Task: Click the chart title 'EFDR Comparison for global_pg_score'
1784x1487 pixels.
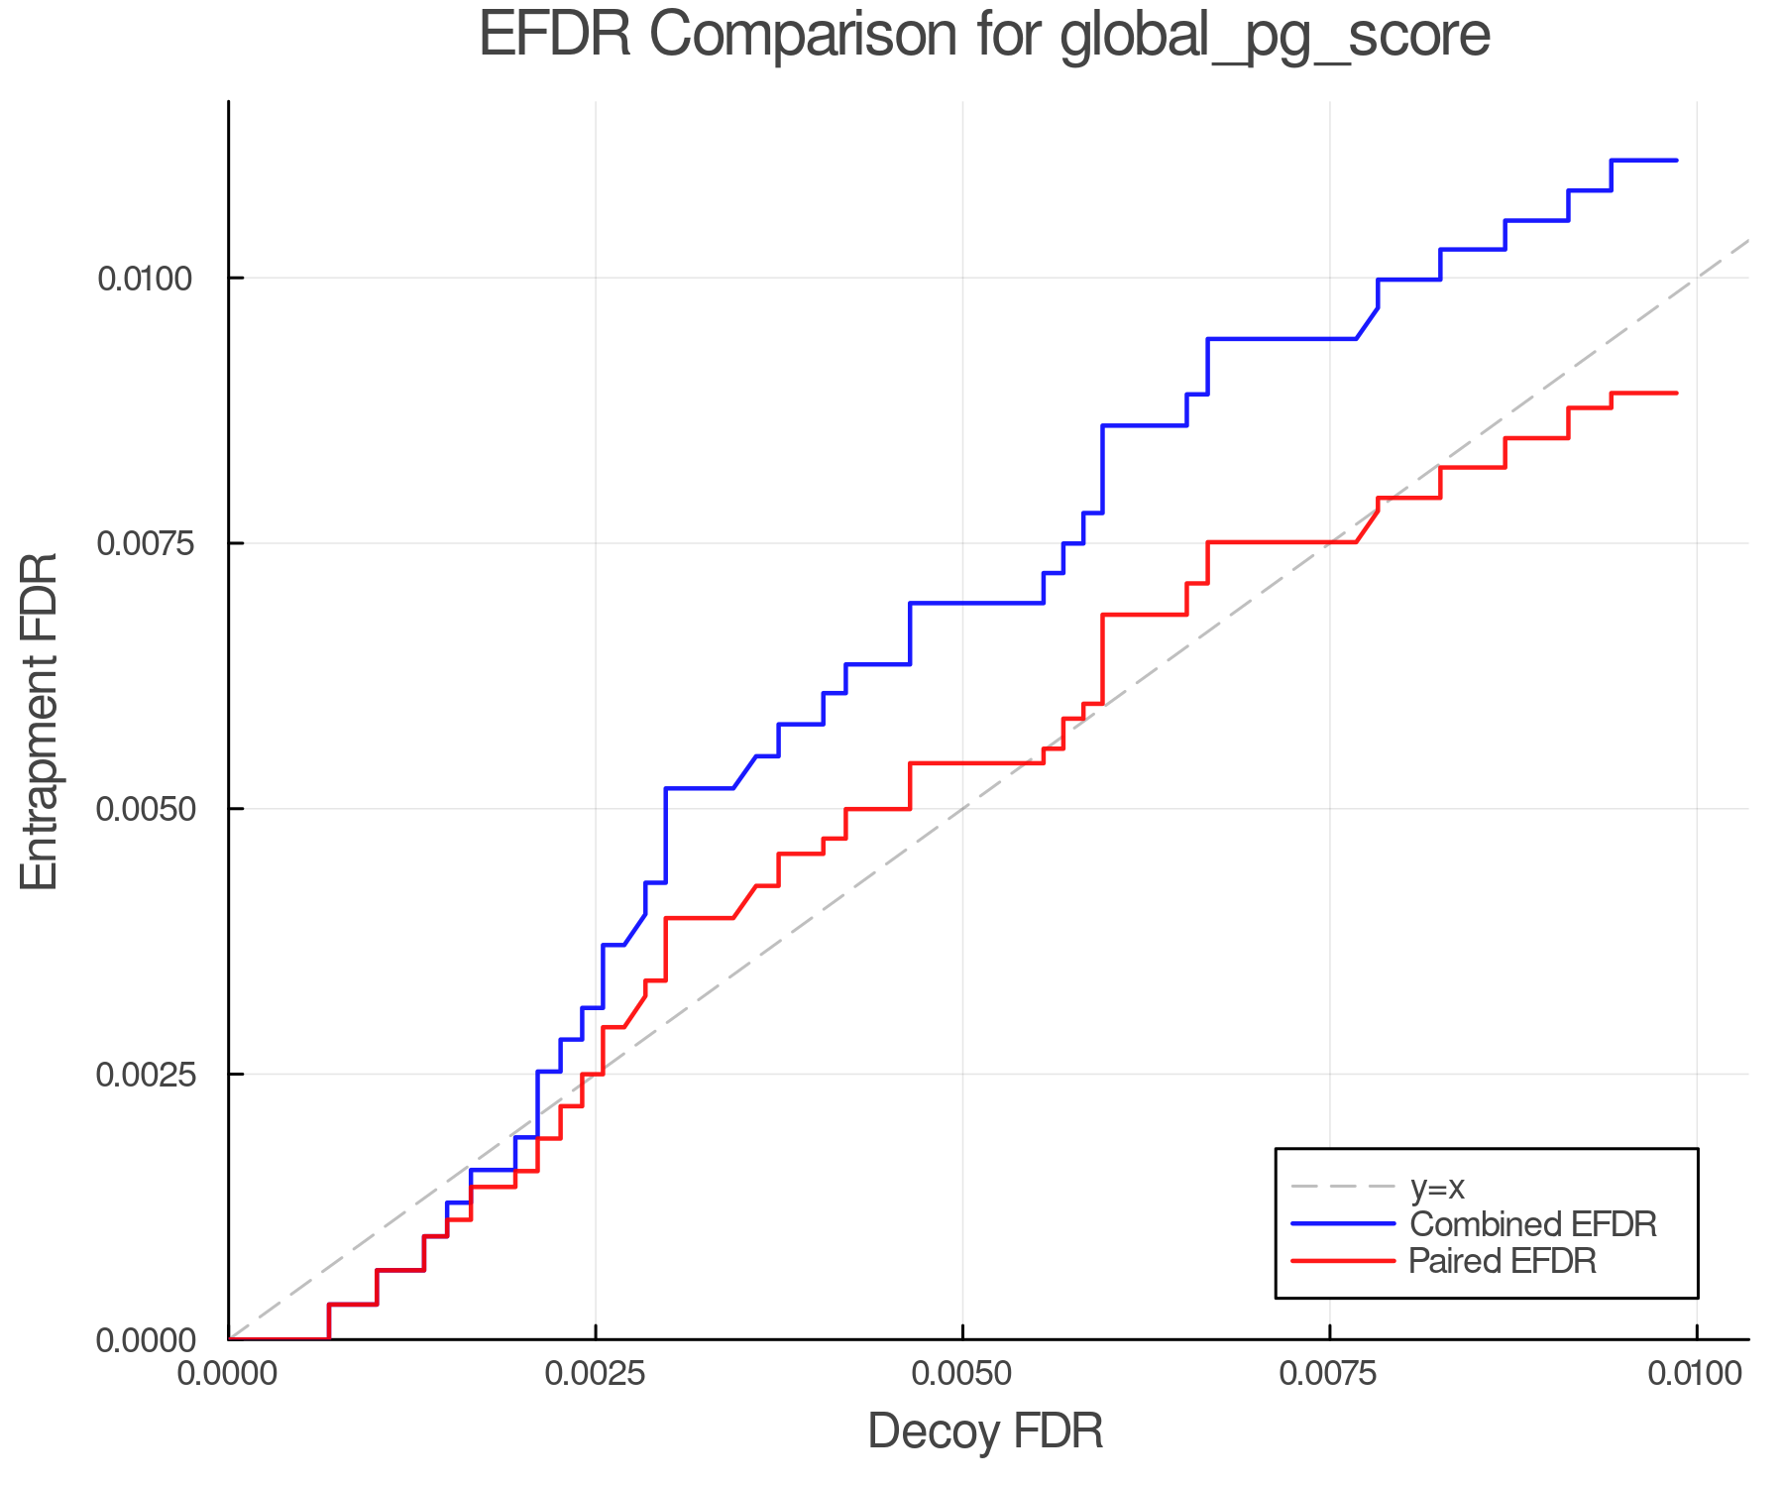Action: click(984, 36)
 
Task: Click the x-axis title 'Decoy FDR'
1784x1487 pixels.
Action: click(985, 1431)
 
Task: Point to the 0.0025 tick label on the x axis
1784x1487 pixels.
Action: click(595, 1374)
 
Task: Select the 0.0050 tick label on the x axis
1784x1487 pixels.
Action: click(962, 1374)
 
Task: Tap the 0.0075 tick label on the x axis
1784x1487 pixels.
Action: click(1329, 1374)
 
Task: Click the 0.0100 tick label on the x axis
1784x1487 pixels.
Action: click(1697, 1374)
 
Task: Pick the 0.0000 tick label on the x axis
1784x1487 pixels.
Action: click(228, 1374)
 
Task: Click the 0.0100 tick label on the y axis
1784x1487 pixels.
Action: click(144, 279)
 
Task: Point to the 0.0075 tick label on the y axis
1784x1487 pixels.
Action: click(144, 543)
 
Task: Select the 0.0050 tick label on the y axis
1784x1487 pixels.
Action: click(144, 809)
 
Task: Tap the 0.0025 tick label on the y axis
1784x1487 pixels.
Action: click(144, 1075)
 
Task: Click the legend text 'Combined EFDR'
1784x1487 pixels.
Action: click(1533, 1224)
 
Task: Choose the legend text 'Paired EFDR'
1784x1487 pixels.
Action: click(1503, 1261)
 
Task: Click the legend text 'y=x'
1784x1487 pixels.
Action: click(1437, 1187)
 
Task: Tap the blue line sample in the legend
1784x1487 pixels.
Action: click(1344, 1224)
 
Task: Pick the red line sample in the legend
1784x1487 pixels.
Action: click(1344, 1261)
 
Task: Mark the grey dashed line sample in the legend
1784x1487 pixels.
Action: click(1344, 1187)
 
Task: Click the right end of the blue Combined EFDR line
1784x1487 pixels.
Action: click(1676, 160)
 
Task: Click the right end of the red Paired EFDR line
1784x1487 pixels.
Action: click(1676, 394)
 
